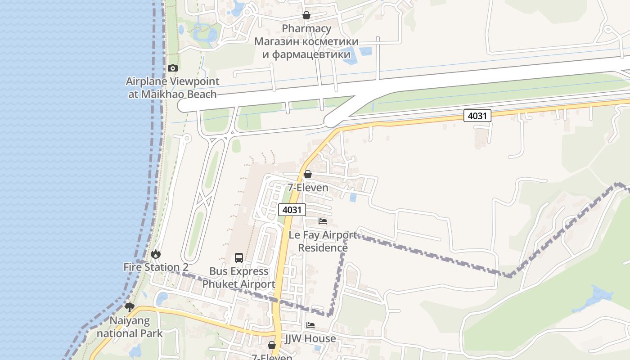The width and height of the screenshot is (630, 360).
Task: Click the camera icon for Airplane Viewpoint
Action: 172,68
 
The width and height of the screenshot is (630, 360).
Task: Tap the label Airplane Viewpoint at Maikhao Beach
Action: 172,88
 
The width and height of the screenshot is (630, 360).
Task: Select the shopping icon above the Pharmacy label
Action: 306,16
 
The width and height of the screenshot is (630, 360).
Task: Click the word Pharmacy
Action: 306,28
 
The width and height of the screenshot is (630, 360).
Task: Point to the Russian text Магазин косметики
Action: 306,41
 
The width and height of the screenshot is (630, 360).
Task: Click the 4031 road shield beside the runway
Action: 477,116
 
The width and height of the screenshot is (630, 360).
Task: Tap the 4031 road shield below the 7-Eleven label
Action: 292,210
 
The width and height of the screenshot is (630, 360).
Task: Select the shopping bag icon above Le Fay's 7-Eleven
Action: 308,174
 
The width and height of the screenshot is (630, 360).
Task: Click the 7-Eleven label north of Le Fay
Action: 308,188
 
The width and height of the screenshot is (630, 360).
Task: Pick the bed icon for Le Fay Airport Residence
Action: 323,221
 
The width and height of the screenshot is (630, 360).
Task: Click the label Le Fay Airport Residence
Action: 323,241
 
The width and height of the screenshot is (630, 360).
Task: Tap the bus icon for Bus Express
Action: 239,258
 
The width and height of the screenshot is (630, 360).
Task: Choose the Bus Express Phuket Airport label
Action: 238,278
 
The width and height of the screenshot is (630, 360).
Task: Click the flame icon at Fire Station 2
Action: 156,254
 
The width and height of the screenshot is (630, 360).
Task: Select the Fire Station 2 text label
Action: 156,267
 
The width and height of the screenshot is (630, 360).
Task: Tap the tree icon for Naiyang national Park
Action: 130,307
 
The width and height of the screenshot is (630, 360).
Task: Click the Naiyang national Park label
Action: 130,327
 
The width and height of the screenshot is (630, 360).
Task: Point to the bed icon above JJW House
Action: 310,325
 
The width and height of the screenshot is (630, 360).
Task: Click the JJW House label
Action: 310,338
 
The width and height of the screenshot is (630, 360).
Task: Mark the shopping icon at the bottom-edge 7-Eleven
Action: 272,346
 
